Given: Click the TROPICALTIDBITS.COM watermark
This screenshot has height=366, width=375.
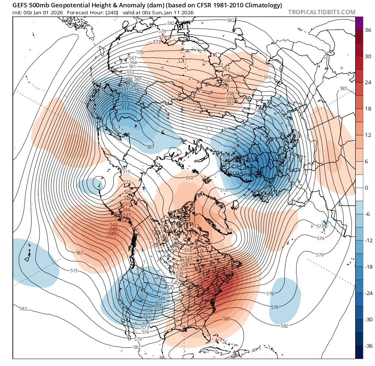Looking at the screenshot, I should point(322,12).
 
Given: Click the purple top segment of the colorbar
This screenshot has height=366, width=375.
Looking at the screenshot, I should point(359,23).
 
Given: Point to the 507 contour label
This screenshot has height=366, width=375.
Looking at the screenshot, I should point(150,147).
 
